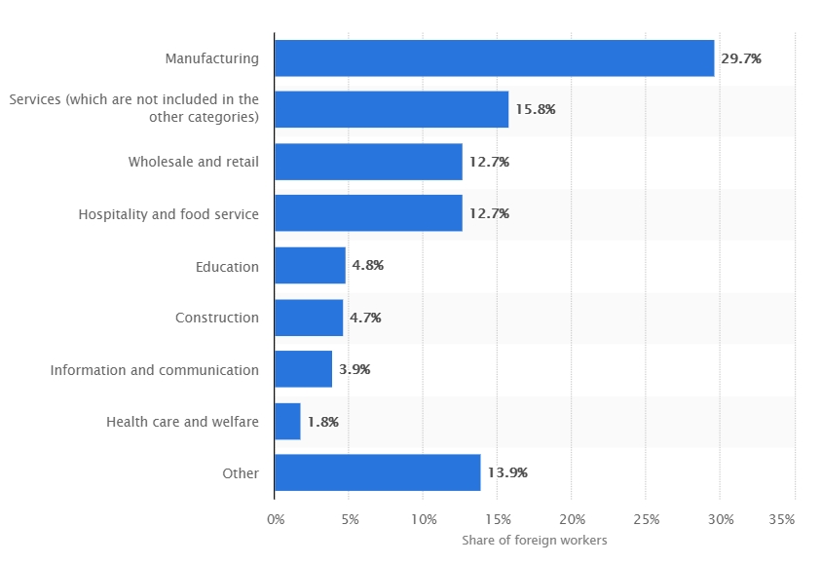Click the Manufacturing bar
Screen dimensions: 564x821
(494, 58)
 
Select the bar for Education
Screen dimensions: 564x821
(310, 265)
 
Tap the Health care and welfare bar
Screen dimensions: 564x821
(287, 421)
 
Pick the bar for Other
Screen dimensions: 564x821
(377, 472)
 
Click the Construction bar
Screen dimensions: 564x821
(309, 318)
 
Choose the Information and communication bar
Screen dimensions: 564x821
(303, 369)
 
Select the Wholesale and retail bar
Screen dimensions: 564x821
(368, 162)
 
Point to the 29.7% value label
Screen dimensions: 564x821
(741, 58)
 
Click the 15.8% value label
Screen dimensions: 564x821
(535, 110)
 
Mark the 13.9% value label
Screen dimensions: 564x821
(507, 473)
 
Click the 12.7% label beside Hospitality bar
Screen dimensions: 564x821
(489, 213)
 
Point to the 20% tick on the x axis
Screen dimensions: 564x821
(572, 520)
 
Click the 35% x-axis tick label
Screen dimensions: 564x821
(781, 520)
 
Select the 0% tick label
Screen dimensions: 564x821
(276, 520)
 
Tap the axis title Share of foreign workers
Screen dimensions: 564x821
(534, 541)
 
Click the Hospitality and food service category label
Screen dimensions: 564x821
(168, 213)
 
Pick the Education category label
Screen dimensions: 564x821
(227, 266)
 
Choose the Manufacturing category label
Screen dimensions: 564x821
(212, 58)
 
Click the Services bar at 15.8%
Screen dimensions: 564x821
(392, 110)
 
